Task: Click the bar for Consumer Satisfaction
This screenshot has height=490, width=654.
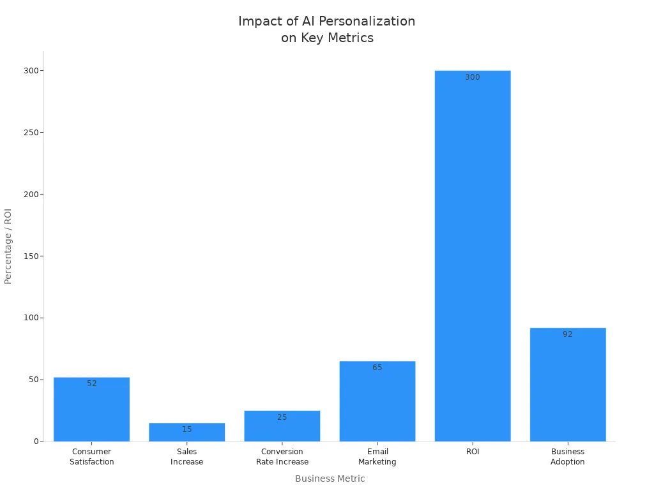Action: pyautogui.click(x=91, y=412)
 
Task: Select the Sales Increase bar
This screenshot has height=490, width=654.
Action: pyautogui.click(x=186, y=434)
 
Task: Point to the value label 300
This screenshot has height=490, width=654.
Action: pyautogui.click(x=472, y=77)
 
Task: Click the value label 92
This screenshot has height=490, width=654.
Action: pyautogui.click(x=567, y=334)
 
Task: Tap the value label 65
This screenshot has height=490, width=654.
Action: pyautogui.click(x=377, y=367)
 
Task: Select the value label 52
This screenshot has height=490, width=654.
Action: pyautogui.click(x=91, y=383)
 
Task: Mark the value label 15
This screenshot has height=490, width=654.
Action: pyautogui.click(x=186, y=429)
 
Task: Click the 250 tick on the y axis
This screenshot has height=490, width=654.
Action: pyautogui.click(x=29, y=133)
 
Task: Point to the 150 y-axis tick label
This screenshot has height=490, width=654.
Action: pyautogui.click(x=29, y=256)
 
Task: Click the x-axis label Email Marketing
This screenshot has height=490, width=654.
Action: pyautogui.click(x=377, y=457)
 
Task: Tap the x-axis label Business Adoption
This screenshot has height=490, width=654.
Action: pyautogui.click(x=567, y=457)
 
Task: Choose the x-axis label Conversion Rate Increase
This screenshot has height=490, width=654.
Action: pyautogui.click(x=282, y=457)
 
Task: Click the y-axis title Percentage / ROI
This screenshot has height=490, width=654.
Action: pyautogui.click(x=8, y=246)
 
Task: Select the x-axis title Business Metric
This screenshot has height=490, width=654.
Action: pyautogui.click(x=330, y=479)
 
